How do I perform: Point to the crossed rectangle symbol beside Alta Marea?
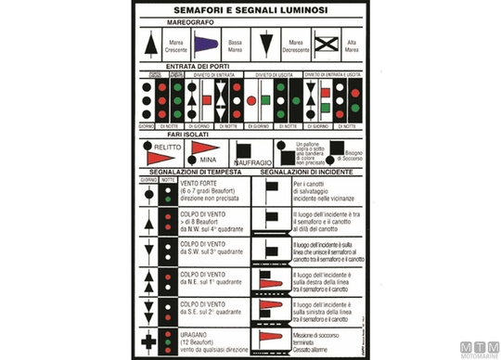pos(324,44)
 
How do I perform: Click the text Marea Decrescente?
pos(293,45)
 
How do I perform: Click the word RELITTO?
pos(166,146)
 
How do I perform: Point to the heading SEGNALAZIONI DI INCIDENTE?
pos(305,173)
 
